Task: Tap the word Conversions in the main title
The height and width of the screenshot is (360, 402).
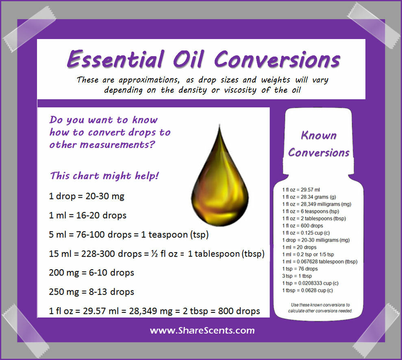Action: pyautogui.click(x=277, y=59)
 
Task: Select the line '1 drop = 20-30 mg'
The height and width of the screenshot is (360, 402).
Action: pyautogui.click(x=87, y=196)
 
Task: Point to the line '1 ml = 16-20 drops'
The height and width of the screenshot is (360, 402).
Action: pyautogui.click(x=87, y=215)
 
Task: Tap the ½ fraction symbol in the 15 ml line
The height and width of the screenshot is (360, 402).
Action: pyautogui.click(x=154, y=254)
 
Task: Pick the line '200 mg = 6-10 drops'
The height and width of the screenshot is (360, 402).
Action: pyautogui.click(x=91, y=273)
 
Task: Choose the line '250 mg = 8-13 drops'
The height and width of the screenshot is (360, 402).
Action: pyautogui.click(x=91, y=292)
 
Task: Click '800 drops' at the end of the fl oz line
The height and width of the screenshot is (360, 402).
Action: pyautogui.click(x=239, y=311)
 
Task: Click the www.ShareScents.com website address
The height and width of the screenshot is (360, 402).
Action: pyautogui.click(x=202, y=330)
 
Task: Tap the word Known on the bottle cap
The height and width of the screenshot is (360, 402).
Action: pyautogui.click(x=319, y=135)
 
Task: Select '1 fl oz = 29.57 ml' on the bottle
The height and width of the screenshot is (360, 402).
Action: pyautogui.click(x=301, y=190)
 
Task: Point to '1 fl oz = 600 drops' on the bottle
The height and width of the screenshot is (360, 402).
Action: pyautogui.click(x=302, y=226)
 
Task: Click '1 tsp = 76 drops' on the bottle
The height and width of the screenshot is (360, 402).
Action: pyautogui.click(x=300, y=269)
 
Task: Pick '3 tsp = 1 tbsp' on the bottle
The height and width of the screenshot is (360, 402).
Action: pyautogui.click(x=297, y=276)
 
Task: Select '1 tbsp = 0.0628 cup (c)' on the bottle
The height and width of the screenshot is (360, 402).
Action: pyautogui.click(x=307, y=290)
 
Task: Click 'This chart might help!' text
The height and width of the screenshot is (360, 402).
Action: pyautogui.click(x=104, y=176)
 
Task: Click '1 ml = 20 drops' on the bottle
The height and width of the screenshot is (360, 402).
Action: pyautogui.click(x=299, y=247)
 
